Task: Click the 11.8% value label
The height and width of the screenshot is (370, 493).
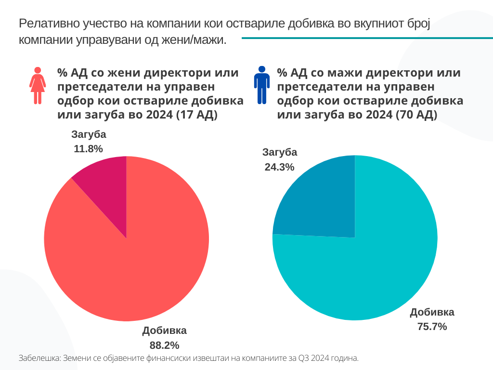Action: pos(88,149)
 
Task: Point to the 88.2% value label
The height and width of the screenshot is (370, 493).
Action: pos(164,345)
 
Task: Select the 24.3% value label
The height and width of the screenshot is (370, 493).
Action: pos(279,167)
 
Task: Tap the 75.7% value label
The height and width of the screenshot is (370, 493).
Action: pos(432,327)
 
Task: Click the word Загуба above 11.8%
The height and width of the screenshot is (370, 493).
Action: pos(89,134)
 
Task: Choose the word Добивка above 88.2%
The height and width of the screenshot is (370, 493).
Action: pos(164,330)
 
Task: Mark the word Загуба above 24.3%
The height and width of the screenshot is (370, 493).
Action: pos(280,152)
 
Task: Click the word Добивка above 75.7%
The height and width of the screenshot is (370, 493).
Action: pos(432,312)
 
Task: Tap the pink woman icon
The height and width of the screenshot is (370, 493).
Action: pos(38,85)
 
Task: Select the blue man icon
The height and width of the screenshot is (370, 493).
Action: pos(261,85)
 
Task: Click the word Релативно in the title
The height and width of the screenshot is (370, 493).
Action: pos(48,24)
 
